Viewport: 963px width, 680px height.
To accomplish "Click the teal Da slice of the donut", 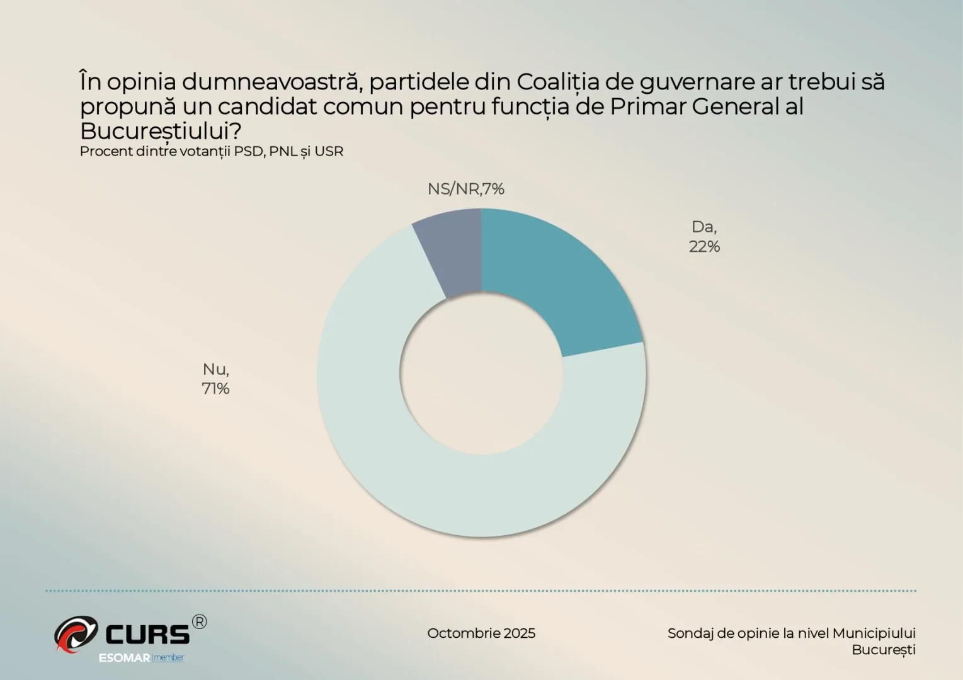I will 554,283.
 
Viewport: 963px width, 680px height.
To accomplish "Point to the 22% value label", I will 704,247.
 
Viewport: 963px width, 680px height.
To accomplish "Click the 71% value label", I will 215,389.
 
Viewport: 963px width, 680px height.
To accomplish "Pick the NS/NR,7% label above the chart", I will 465,189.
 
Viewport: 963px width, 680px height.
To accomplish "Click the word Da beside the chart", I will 704,227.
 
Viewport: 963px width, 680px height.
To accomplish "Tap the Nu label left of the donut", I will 215,370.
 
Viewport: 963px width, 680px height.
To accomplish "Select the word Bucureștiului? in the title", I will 161,131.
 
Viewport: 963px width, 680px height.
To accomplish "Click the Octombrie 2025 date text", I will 481,633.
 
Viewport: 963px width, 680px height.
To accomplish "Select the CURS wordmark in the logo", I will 147,634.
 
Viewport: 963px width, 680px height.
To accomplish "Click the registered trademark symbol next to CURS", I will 198,622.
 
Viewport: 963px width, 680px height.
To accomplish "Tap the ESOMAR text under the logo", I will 125,658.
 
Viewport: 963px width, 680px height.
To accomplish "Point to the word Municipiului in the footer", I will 874,633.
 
